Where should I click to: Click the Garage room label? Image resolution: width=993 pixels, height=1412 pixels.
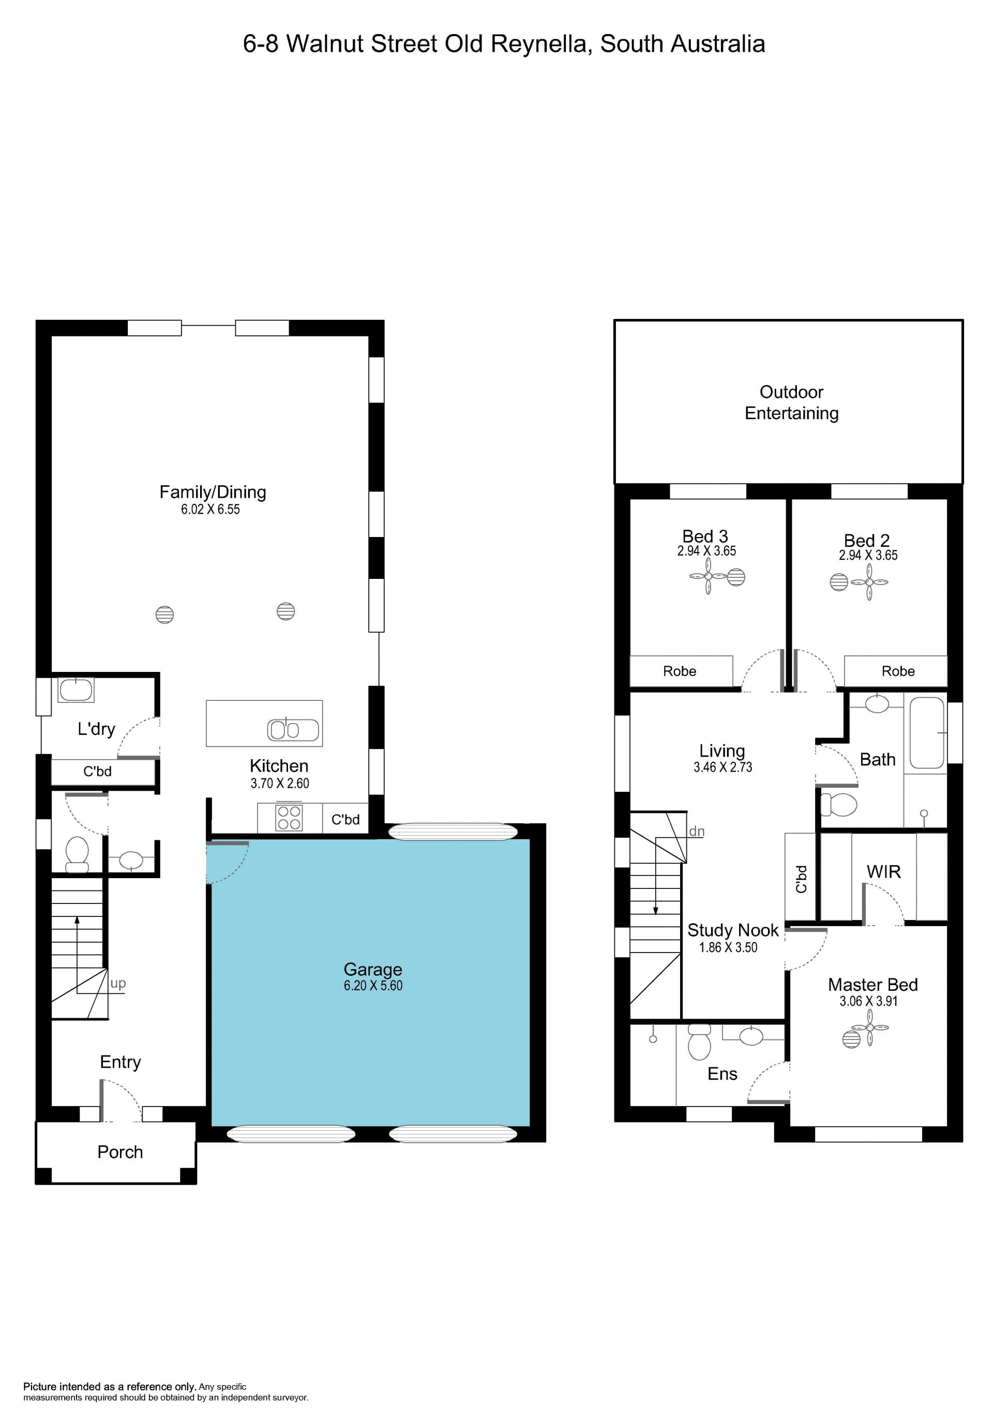pyautogui.click(x=373, y=969)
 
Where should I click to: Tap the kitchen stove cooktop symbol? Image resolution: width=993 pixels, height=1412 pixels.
pyautogui.click(x=289, y=817)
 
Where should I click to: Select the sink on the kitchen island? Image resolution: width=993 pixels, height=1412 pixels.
pyautogui.click(x=293, y=729)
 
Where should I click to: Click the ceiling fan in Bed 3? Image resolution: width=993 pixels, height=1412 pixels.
pyautogui.click(x=708, y=576)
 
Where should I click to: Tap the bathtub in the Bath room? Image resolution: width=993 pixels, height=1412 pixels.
pyautogui.click(x=927, y=732)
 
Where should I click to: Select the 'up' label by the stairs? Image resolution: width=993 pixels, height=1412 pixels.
pyautogui.click(x=118, y=984)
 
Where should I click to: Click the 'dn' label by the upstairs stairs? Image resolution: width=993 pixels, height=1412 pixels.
pyautogui.click(x=697, y=832)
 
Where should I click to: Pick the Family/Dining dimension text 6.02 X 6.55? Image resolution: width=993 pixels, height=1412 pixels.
pyautogui.click(x=210, y=509)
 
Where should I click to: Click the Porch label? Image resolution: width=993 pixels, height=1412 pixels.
pyautogui.click(x=120, y=1152)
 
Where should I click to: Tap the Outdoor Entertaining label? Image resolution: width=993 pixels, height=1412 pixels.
pyautogui.click(x=791, y=402)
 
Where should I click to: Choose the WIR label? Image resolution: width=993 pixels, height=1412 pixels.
pyautogui.click(x=883, y=871)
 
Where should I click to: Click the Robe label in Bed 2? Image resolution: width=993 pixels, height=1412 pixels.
pyautogui.click(x=898, y=671)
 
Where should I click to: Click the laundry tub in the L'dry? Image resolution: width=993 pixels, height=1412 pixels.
pyautogui.click(x=76, y=689)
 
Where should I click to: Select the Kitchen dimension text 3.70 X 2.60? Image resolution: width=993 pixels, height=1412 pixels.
pyautogui.click(x=280, y=784)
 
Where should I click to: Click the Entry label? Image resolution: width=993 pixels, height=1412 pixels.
pyautogui.click(x=121, y=1062)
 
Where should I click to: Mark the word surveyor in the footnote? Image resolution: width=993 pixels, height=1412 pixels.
pyautogui.click(x=289, y=1398)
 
